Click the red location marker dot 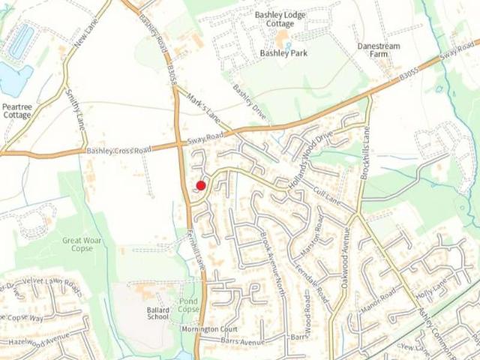coord(201,185)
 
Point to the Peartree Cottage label coord(16,111)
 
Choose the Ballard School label coord(158,313)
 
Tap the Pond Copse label coord(189,305)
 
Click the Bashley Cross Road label coord(118,150)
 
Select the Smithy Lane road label coord(77,110)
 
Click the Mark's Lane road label coord(204,110)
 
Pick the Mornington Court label coord(209,329)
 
